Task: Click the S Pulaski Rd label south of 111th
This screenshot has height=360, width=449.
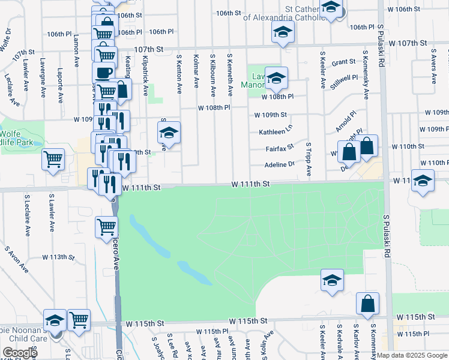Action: [x=387, y=238]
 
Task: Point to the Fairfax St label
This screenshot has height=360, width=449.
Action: [x=280, y=147]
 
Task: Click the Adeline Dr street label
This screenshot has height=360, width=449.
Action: [x=280, y=165]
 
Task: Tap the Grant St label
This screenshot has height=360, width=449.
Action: [x=344, y=62]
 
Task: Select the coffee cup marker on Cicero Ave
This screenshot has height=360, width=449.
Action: [x=103, y=73]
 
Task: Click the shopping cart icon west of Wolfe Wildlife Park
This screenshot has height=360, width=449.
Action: [x=53, y=160]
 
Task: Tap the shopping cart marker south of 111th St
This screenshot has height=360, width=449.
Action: [x=106, y=227]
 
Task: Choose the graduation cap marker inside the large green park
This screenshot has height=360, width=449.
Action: [x=331, y=280]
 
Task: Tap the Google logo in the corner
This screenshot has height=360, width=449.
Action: [x=19, y=353]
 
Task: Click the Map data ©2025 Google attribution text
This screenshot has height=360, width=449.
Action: [x=412, y=355]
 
